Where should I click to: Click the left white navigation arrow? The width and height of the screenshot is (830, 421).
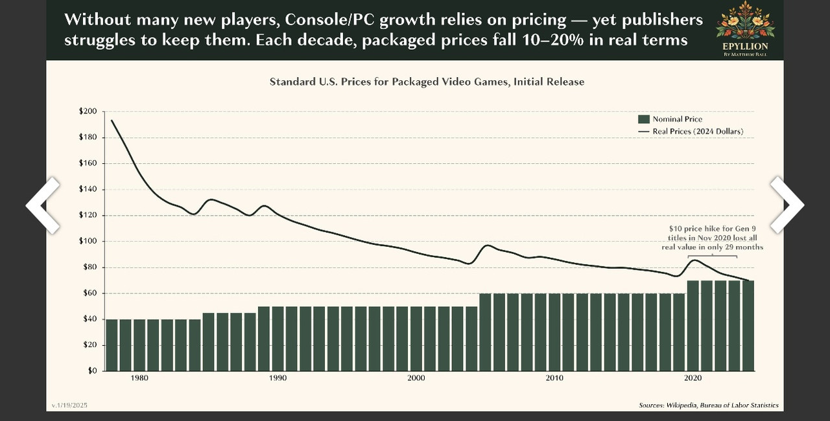coord(43,205)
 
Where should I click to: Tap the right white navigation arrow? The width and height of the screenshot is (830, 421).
coord(787,205)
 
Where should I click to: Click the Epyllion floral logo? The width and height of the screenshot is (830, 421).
coord(745,21)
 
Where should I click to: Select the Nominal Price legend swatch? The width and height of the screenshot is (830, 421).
coord(643,119)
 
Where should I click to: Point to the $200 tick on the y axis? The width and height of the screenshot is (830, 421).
coord(88,111)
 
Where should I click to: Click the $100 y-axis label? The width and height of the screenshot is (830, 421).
coord(88,241)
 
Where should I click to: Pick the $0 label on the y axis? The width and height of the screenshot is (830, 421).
coord(91,371)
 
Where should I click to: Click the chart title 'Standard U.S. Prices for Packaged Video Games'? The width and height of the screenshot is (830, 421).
coord(427,82)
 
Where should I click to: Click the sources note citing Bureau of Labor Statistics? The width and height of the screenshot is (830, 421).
coord(708,405)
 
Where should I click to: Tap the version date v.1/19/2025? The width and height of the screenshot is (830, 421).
coord(69,405)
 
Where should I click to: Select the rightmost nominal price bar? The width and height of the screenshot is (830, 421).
coord(748,325)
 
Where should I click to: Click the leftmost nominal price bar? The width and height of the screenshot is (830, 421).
coord(112,345)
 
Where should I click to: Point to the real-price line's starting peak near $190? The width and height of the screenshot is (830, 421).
coord(112,121)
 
